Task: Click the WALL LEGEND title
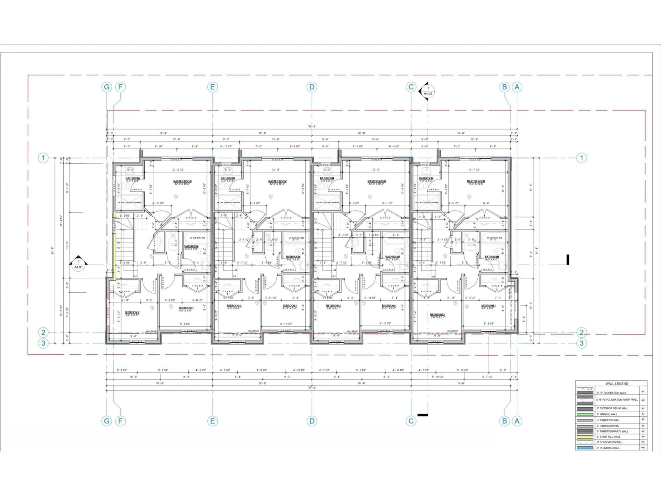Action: point(617,384)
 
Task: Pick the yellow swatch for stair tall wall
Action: point(585,437)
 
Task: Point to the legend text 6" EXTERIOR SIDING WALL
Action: point(612,408)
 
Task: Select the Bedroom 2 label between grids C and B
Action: point(437,314)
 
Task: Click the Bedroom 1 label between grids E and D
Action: point(290,306)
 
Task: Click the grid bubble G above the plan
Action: point(107,87)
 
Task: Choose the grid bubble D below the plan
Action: point(312,421)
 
